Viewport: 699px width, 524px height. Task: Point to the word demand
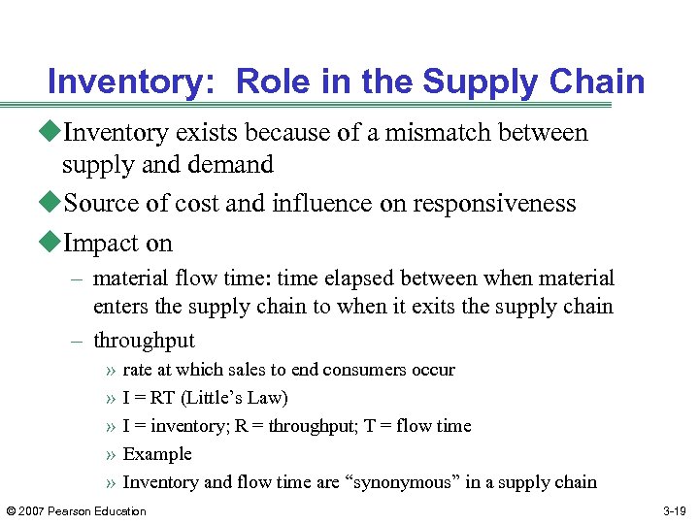pyautogui.click(x=231, y=165)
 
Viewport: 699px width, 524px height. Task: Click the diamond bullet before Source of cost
pyautogui.click(x=53, y=204)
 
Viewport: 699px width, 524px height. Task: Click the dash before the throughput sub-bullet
pyautogui.click(x=77, y=341)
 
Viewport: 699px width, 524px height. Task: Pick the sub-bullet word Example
pyautogui.click(x=157, y=454)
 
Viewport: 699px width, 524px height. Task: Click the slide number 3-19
pyautogui.click(x=676, y=511)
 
